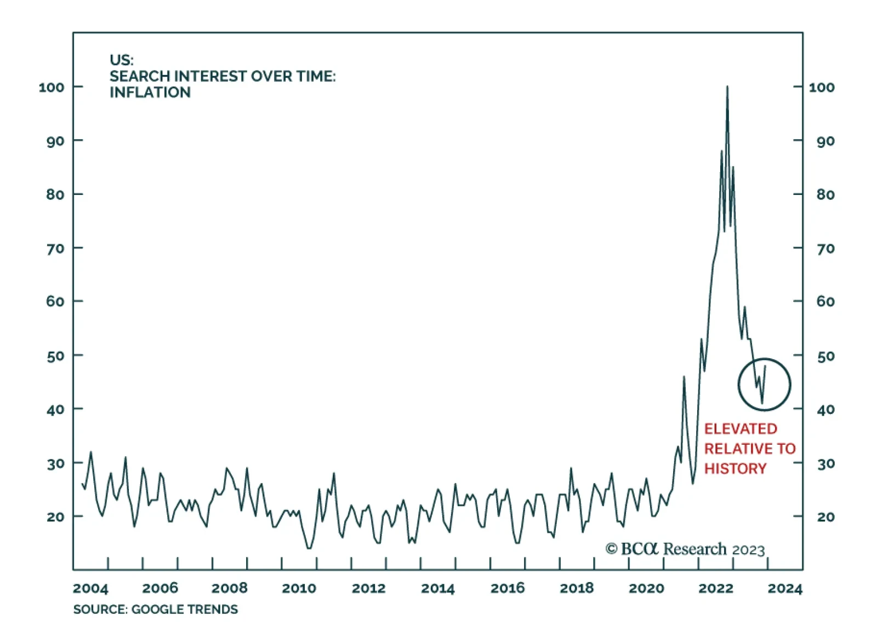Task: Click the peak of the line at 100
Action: tap(727, 87)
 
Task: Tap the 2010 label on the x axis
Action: tap(299, 588)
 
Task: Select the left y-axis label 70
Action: tap(55, 249)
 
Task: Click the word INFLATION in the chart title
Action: tap(150, 93)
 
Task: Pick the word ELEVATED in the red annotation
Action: tap(741, 429)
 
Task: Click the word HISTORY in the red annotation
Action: tap(735, 469)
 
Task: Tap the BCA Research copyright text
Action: tap(685, 549)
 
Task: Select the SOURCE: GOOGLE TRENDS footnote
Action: tap(156, 610)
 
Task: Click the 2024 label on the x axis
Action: tap(785, 588)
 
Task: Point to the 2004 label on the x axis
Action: tap(90, 588)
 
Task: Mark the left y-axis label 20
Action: tap(55, 517)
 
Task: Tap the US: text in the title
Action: tap(121, 60)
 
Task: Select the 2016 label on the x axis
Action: tap(508, 588)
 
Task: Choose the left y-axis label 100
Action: tap(52, 88)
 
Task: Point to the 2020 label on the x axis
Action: tap(646, 588)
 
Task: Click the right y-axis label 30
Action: tap(825, 464)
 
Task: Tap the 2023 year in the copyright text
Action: tap(748, 550)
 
